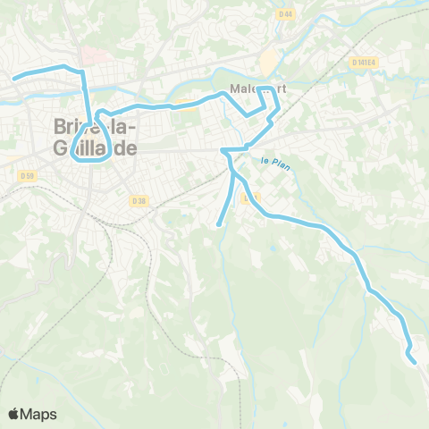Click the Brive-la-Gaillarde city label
coord(88,138)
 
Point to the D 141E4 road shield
coord(365,63)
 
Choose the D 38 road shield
coord(139,201)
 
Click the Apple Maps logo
coord(32,414)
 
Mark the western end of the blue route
coord(14,79)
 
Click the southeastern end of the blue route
coord(415,361)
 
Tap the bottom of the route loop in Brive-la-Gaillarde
coord(95,161)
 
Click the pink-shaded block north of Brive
coord(97,55)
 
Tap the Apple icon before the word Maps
coord(14,414)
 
